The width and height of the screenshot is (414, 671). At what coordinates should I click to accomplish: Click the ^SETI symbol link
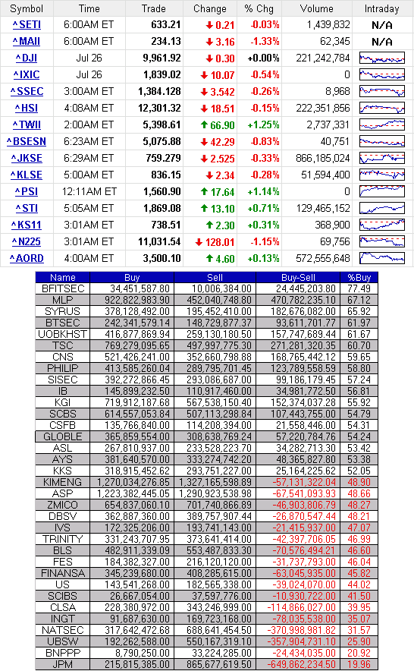[x=27, y=25]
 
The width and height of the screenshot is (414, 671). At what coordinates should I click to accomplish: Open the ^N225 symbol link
[x=27, y=242]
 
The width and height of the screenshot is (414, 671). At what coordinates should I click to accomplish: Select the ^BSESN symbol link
[x=27, y=142]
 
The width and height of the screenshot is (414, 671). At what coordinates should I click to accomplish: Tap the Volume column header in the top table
[x=316, y=8]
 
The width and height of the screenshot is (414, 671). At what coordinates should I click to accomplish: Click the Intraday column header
[x=381, y=8]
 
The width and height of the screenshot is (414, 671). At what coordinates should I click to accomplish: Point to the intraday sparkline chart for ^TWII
[x=382, y=125]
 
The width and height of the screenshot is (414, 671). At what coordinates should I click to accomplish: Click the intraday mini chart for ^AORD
[x=382, y=259]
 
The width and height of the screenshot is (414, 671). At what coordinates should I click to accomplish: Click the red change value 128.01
[x=215, y=242]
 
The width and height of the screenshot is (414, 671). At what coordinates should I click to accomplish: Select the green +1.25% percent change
[x=263, y=125]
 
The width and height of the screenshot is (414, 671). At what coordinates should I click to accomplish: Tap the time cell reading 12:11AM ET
[x=89, y=192]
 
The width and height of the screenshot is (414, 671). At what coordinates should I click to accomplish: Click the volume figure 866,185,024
[x=323, y=159]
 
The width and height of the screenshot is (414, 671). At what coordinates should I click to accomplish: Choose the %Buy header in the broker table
[x=359, y=277]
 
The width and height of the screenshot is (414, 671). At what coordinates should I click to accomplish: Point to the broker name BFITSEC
[x=63, y=289]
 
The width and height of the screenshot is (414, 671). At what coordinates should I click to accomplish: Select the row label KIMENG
[x=62, y=482]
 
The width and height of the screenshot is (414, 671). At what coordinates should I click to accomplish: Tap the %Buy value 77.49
[x=359, y=289]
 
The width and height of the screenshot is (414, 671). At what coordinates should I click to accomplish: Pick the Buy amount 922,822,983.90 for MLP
[x=137, y=300]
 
